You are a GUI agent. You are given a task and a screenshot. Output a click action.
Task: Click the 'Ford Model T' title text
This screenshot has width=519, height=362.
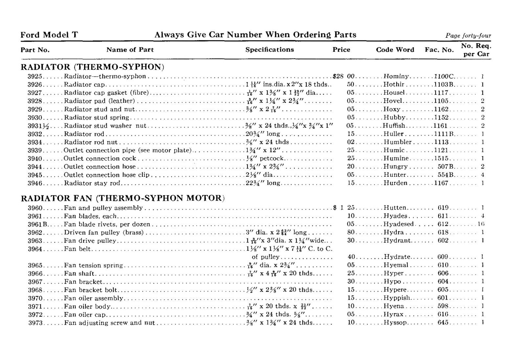click(x=49, y=35)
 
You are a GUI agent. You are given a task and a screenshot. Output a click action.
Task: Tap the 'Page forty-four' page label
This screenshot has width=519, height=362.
click(x=468, y=36)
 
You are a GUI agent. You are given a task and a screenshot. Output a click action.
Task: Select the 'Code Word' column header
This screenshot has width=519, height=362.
click(x=395, y=50)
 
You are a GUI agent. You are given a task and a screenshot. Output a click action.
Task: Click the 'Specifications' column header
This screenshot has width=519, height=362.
click(x=269, y=50)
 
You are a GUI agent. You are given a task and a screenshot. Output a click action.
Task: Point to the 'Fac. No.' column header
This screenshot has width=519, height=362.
click(x=439, y=50)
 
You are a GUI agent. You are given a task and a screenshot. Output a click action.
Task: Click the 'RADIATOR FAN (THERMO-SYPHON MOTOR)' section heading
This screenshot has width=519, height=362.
click(x=123, y=198)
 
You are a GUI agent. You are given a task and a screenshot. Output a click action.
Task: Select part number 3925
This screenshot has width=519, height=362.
click(x=35, y=77)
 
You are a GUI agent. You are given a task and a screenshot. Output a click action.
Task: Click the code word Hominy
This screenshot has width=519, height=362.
click(x=396, y=77)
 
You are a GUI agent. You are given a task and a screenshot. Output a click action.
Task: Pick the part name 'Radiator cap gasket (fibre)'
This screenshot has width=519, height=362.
click(x=106, y=93)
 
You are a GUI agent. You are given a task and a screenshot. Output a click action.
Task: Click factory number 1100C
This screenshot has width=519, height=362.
click(x=444, y=77)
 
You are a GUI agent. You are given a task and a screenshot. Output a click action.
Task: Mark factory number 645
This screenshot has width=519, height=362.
click(x=443, y=323)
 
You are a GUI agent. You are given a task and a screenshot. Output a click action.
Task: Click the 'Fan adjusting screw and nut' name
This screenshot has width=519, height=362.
click(x=109, y=323)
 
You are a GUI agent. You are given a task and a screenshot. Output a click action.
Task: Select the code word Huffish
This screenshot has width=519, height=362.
click(x=394, y=126)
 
